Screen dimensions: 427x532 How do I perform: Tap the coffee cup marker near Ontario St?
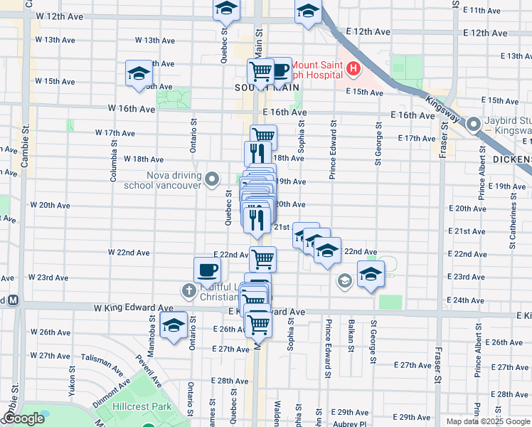pyautogui.click(x=207, y=270)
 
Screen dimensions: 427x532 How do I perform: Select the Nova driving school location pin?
pyautogui.click(x=211, y=179)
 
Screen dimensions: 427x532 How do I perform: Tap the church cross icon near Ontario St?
pyautogui.click(x=188, y=290)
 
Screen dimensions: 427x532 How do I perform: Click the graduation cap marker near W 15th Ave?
pyautogui.click(x=139, y=73)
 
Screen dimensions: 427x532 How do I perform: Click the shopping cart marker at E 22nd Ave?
pyautogui.click(x=262, y=259)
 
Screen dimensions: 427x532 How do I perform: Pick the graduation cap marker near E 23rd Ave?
pyautogui.click(x=370, y=274)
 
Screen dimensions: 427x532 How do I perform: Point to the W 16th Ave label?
pyautogui.click(x=131, y=110)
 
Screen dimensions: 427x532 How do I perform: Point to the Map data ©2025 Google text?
pyautogui.click(x=488, y=421)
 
